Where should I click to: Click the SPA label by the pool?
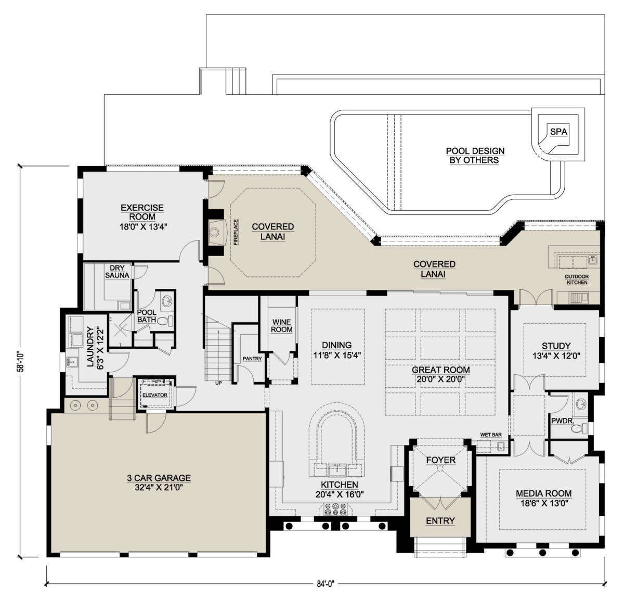point(558,131)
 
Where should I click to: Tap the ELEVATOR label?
point(155,395)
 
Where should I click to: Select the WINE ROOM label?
point(281,326)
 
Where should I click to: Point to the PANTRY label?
point(252,359)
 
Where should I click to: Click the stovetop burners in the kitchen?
point(335,509)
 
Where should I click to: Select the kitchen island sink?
point(337,471)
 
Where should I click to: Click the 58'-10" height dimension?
point(21,361)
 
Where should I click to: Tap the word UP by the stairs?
point(218,383)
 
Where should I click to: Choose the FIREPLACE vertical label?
point(236,232)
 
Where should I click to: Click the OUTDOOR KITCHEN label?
point(577,279)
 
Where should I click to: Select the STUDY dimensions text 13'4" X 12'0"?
point(556,355)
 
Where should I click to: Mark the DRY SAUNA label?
point(117,272)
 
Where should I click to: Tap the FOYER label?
point(440,460)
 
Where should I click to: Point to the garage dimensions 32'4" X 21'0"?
point(159,487)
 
